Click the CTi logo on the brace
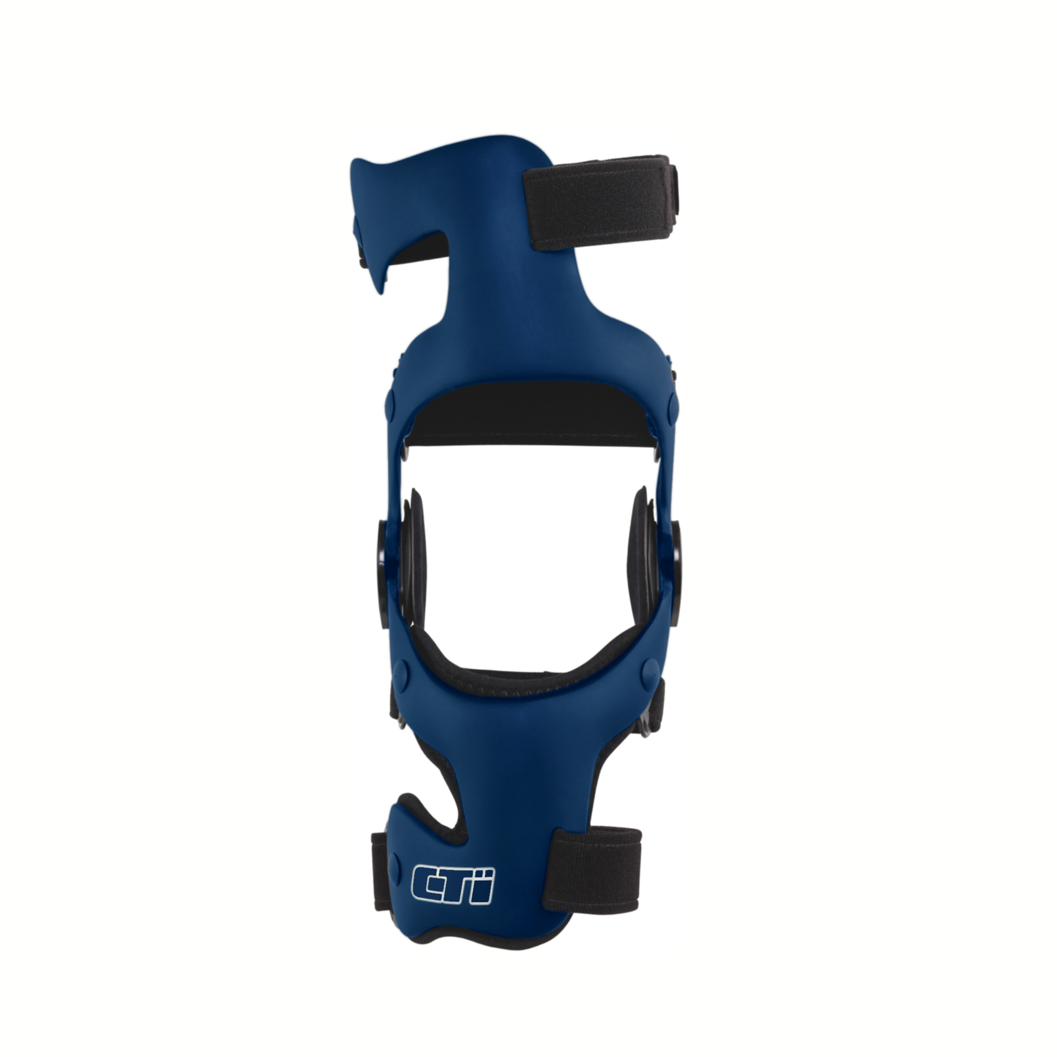pos(453,885)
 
